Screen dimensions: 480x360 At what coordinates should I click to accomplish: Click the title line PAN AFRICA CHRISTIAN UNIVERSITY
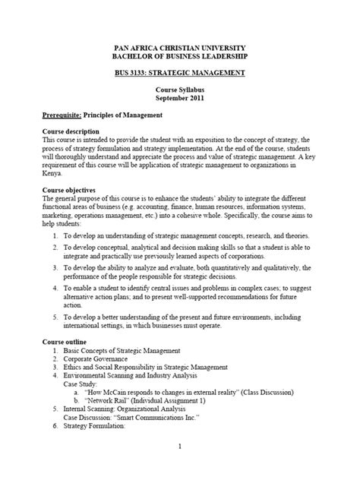coord(180,48)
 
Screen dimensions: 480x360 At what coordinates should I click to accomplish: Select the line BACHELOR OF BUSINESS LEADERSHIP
coord(180,57)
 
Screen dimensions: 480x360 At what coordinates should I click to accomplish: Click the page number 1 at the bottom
coord(180,446)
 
